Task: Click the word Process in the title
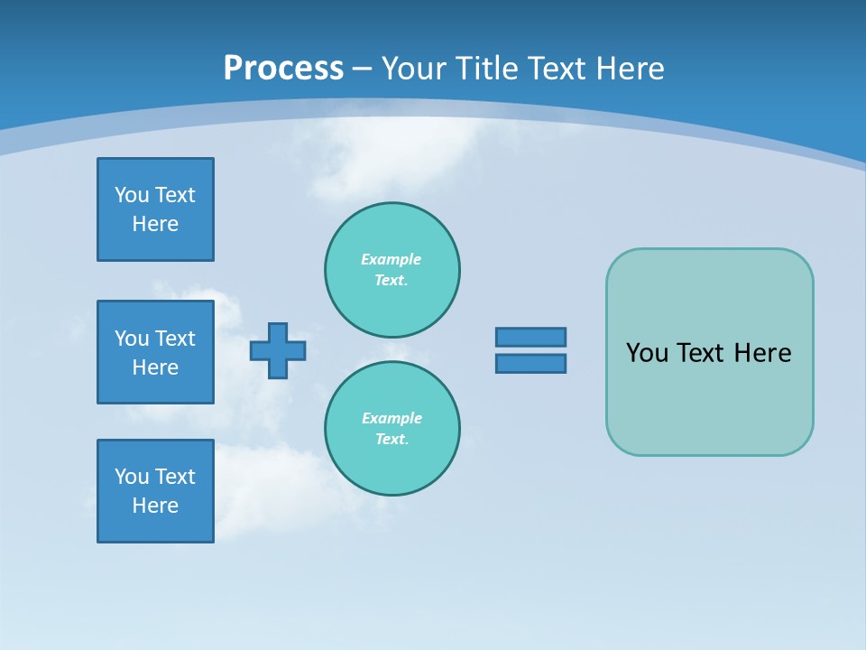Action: point(283,69)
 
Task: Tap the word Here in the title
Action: point(630,69)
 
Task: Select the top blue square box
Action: point(155,209)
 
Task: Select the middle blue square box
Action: point(155,352)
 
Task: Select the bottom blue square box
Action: point(155,491)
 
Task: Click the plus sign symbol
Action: point(278,350)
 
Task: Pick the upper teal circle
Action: point(392,269)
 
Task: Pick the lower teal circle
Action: point(392,428)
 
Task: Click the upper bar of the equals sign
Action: point(530,337)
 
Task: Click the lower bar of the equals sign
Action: point(530,363)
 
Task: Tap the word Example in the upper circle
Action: point(392,259)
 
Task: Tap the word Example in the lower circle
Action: point(392,418)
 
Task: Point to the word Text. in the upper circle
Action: point(392,280)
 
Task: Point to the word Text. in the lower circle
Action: point(392,439)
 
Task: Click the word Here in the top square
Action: point(155,224)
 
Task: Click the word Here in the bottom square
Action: point(155,506)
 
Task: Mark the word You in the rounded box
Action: point(646,353)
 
